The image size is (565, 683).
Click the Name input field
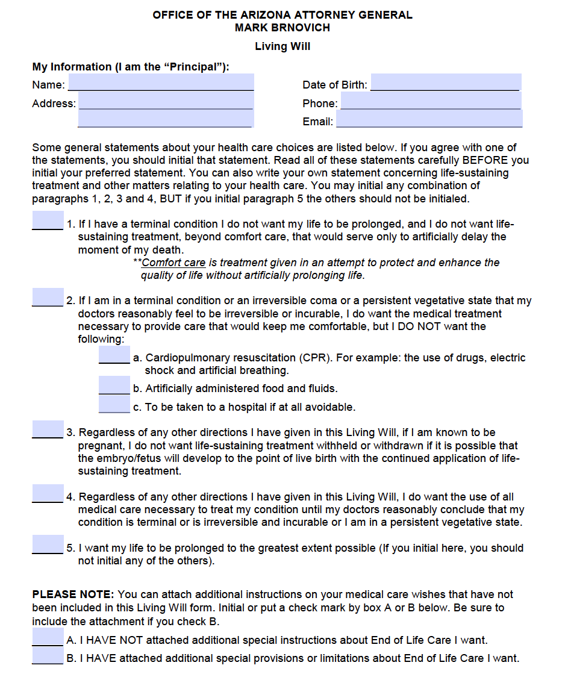click(161, 83)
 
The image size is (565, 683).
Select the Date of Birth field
click(445, 83)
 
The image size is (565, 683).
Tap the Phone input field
click(430, 101)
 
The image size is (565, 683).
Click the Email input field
click(429, 119)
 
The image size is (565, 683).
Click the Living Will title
click(282, 46)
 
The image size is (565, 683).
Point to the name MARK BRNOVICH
click(282, 28)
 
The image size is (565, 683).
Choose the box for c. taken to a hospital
click(114, 404)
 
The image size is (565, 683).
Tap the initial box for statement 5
click(48, 544)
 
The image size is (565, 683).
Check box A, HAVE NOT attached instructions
click(48, 637)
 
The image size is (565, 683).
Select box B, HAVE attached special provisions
click(48, 655)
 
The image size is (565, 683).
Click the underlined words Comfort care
click(173, 263)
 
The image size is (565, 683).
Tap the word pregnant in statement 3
click(100, 446)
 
